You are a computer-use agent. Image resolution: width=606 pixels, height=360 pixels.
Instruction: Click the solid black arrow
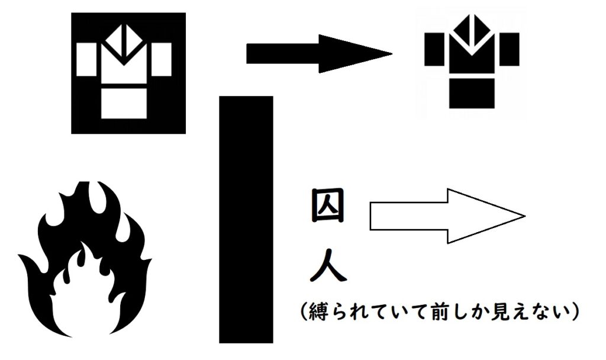click(319, 54)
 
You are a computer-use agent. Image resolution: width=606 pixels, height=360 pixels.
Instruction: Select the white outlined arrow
click(447, 216)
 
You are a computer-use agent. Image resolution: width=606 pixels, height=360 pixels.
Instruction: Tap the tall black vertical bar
click(246, 220)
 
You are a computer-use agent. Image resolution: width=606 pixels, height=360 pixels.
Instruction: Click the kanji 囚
click(327, 205)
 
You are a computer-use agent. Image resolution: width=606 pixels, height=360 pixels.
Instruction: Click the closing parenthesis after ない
click(574, 311)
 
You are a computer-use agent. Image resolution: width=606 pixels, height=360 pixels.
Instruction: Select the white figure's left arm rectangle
click(86, 59)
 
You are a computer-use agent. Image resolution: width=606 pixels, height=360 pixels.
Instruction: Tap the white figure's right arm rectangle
click(161, 59)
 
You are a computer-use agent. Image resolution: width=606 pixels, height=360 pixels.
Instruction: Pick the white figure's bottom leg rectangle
click(124, 103)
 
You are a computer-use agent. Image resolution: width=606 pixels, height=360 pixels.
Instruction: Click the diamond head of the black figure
click(472, 31)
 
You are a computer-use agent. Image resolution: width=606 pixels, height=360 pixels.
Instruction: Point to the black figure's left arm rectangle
click(434, 49)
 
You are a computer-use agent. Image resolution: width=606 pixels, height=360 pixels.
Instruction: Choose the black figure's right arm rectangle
click(510, 49)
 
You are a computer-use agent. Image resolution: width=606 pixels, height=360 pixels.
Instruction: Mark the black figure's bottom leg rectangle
click(472, 93)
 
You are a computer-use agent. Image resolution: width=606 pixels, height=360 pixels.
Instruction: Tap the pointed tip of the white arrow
click(525, 216)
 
